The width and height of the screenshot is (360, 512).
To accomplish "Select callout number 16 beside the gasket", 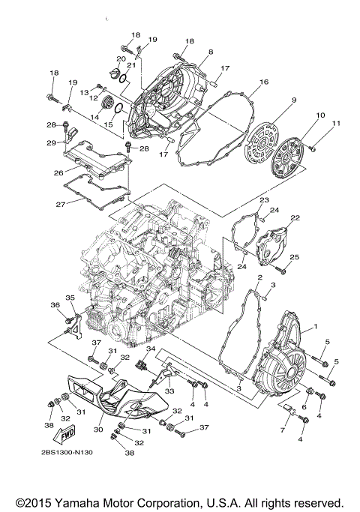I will coord(264,81).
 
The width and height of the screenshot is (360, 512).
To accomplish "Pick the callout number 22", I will coord(295,217).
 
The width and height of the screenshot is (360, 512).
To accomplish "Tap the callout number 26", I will coord(58,172).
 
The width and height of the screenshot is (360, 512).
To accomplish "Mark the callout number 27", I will coord(58,202).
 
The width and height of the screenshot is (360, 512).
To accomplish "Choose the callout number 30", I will coord(98,430).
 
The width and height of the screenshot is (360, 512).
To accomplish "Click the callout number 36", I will coord(55,304).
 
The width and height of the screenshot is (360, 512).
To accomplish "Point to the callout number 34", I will coord(151,349).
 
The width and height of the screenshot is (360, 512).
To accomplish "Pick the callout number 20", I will coord(121,58).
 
